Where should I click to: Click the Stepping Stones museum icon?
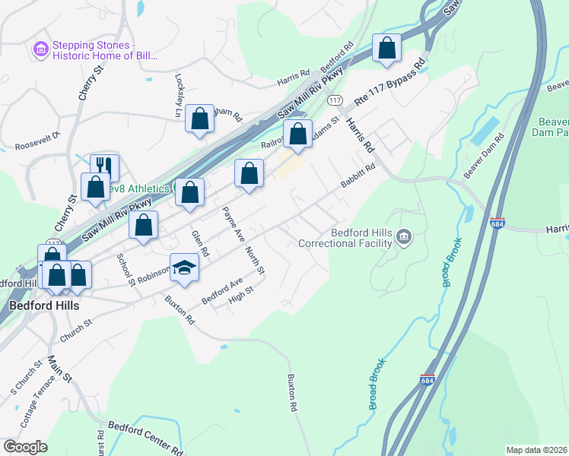41,49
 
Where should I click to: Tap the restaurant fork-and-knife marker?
104,167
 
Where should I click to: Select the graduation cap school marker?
183,266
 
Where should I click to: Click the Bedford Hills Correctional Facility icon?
404,238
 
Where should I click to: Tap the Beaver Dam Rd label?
485,155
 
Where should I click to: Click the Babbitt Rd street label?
358,179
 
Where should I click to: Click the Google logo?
25,447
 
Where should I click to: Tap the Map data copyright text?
536,450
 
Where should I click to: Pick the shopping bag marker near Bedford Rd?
386,48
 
